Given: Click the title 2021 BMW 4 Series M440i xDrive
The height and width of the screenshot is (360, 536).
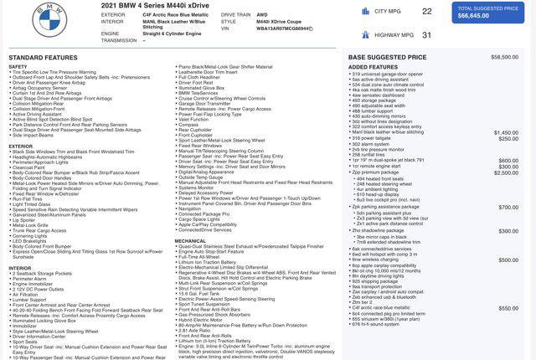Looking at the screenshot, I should (154, 6).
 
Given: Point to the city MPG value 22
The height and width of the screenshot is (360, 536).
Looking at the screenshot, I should (427, 12).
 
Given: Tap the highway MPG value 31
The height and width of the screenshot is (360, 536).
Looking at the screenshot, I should (427, 35).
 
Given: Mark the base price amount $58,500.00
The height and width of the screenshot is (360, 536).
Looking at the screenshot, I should (505, 57).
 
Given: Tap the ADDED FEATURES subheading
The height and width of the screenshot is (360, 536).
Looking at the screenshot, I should (373, 66).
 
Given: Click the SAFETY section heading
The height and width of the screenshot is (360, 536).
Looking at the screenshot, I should (18, 66).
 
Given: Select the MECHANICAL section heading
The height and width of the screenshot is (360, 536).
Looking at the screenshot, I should (190, 239).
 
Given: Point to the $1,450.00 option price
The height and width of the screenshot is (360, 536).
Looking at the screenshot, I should (507, 132).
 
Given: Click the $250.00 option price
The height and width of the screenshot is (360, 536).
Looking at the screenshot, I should (509, 138).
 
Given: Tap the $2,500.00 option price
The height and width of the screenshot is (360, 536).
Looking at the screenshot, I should (507, 172).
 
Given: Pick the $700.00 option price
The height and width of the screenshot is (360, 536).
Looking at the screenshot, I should (509, 207).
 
